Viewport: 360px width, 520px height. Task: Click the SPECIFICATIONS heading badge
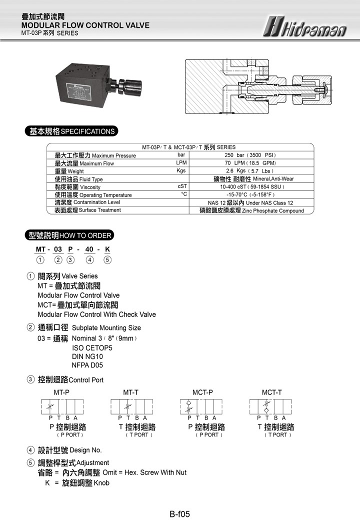coord(71,131)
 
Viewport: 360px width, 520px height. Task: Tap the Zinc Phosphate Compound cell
coord(251,210)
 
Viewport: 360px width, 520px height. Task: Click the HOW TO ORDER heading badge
coord(69,235)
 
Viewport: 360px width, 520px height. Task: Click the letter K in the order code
coord(107,249)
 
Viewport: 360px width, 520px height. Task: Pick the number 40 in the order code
coord(89,249)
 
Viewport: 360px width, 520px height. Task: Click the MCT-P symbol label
coord(202,392)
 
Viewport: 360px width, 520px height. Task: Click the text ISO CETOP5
coord(92,347)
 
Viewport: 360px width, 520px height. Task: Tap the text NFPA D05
coord(87,365)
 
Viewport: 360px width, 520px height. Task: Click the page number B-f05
coord(179,513)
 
